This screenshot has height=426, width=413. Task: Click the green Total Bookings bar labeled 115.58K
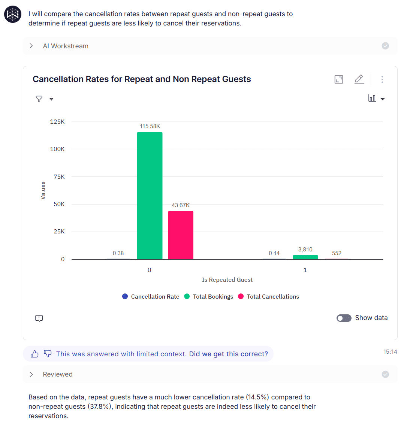(150, 195)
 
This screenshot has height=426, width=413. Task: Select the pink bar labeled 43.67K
(181, 235)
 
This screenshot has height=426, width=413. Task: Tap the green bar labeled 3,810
(305, 257)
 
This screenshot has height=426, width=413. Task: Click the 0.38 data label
(118, 253)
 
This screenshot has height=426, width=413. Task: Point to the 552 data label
(337, 253)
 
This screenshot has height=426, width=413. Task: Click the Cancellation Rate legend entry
(151, 296)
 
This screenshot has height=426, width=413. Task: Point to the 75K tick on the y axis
(59, 176)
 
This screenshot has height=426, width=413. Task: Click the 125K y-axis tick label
(57, 122)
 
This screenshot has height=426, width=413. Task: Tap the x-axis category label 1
(305, 270)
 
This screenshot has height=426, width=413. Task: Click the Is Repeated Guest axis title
(227, 280)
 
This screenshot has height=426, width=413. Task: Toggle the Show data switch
(344, 318)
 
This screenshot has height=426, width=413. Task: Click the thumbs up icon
(34, 354)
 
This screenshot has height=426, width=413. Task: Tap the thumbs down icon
(48, 354)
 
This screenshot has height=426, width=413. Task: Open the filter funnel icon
(39, 99)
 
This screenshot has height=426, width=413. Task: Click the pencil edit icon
(359, 79)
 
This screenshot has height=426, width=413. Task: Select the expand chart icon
(339, 79)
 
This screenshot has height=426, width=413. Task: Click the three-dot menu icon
(382, 79)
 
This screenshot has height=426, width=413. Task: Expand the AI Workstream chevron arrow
(31, 46)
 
